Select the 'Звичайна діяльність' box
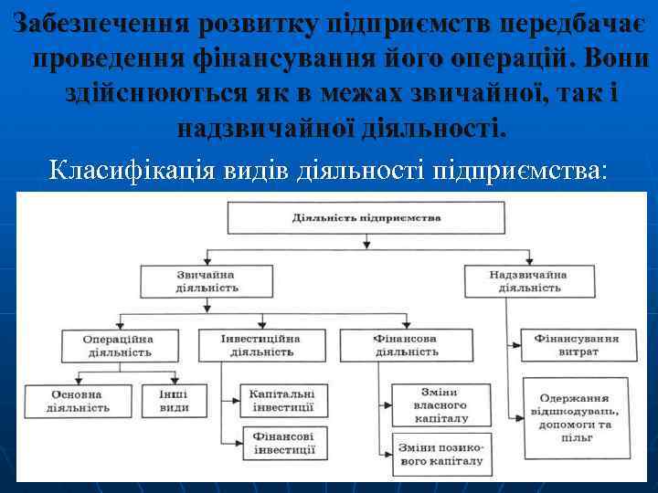pos(207,280)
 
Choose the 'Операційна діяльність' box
pos(118,345)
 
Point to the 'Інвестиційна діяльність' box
pos(260,344)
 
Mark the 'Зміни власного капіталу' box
pos(441,404)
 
